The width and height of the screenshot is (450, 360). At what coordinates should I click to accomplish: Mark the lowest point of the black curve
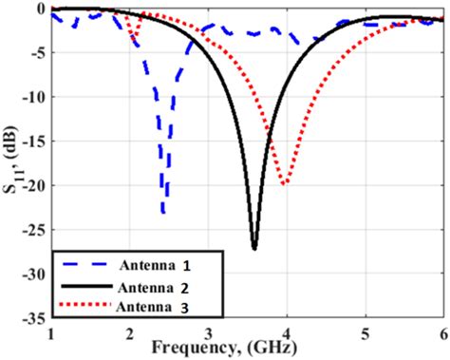(x=253, y=248)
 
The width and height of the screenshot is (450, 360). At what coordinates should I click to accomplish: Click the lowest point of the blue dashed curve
(x=164, y=213)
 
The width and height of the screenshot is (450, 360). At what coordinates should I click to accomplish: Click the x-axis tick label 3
(x=208, y=334)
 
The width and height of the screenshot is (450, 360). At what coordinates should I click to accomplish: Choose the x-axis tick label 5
(x=365, y=334)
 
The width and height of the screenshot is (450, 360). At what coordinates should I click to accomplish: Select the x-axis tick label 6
(x=442, y=334)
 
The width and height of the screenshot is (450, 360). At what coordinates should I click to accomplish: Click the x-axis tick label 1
(x=51, y=334)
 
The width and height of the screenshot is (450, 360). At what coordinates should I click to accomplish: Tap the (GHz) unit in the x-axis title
(x=285, y=350)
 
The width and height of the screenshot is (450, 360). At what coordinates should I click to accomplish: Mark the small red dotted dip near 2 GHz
(x=133, y=40)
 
